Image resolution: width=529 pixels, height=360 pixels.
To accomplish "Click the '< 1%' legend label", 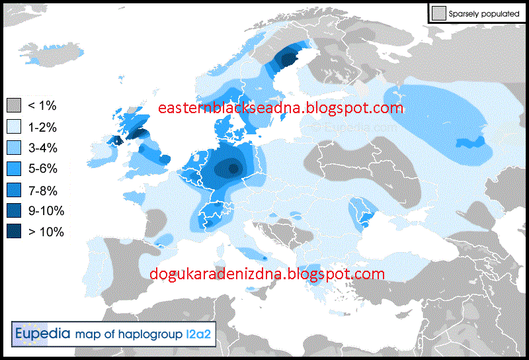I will (x=42, y=105).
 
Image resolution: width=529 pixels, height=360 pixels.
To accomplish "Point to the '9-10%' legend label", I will (x=46, y=211).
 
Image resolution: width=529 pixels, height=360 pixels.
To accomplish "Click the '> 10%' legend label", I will (x=46, y=232).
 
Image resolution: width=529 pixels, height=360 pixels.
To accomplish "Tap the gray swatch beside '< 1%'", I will (x=15, y=105).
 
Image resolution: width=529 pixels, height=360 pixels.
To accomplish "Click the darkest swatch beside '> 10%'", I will (x=15, y=232).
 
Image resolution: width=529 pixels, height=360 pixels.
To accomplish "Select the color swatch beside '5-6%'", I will (x=15, y=169).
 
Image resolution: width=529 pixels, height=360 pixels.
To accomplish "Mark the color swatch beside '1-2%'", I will (x=15, y=126).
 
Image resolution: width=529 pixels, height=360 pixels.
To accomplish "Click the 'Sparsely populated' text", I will (x=483, y=13).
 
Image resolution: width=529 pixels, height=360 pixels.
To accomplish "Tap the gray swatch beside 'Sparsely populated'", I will (x=438, y=13).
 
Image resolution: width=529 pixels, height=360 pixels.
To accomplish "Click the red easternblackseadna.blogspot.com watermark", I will (x=281, y=108).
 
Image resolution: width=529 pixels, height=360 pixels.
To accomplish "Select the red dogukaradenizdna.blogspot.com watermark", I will (x=266, y=273).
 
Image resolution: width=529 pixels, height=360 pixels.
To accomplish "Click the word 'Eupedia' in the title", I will (x=42, y=333).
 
